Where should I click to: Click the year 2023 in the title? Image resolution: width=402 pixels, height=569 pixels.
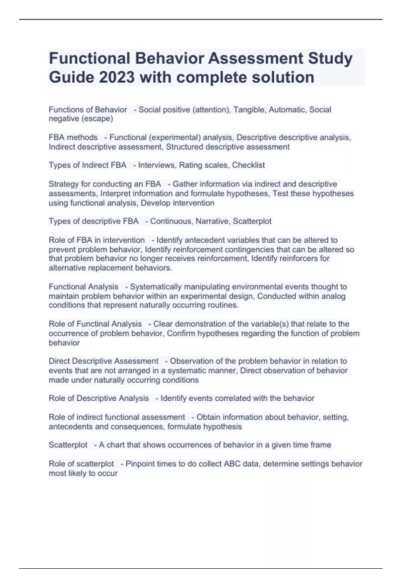point(117,77)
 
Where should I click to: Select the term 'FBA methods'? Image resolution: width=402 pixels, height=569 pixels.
point(73,138)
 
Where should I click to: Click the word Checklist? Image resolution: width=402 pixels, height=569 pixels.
point(248,165)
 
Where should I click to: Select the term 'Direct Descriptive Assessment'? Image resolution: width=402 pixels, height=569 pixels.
point(104,361)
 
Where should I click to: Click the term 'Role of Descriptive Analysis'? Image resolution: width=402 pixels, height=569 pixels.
point(98,398)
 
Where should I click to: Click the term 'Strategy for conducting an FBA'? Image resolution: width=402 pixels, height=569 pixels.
point(105,184)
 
